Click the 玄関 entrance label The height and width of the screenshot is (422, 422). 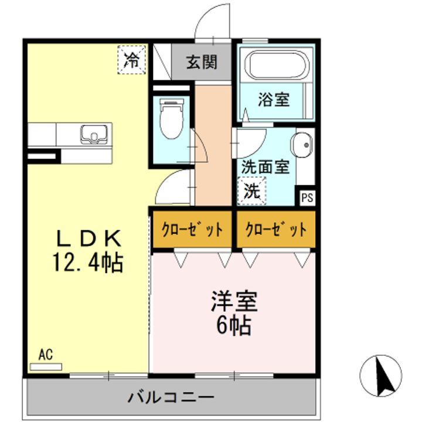(x=202, y=61)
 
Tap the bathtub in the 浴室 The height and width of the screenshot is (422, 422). (x=275, y=66)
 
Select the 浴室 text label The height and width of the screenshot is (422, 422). (x=274, y=100)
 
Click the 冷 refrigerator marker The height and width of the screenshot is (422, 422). (x=133, y=59)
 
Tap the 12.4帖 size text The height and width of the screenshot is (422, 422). (x=88, y=262)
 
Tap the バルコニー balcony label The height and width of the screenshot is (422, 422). (x=171, y=397)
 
